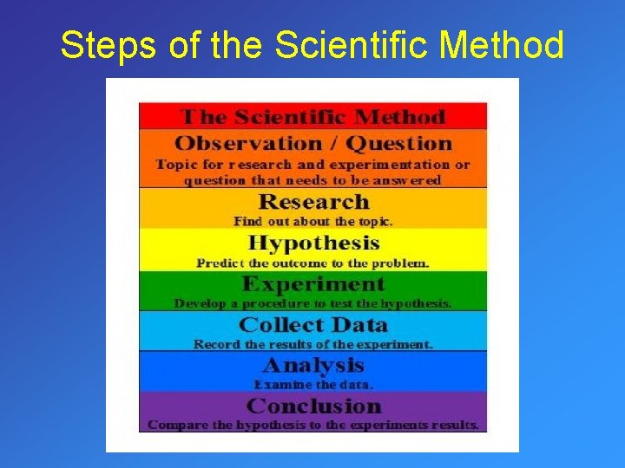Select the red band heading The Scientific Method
click(x=312, y=117)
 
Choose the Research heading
click(x=313, y=202)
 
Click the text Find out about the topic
click(x=313, y=221)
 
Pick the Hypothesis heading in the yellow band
click(x=313, y=243)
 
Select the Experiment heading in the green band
click(x=313, y=284)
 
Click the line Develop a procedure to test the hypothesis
click(x=313, y=303)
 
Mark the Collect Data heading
click(x=313, y=325)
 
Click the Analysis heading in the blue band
click(x=313, y=365)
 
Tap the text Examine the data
click(x=313, y=384)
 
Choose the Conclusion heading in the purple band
click(x=313, y=406)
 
